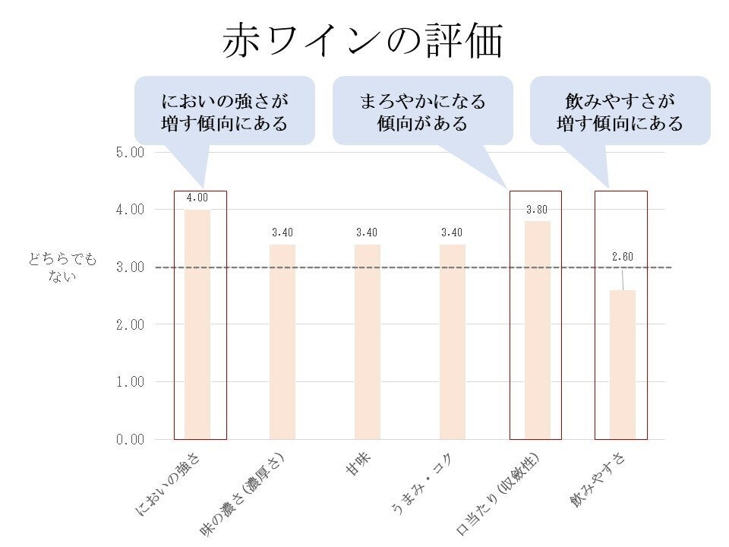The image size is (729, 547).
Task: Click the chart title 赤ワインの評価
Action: pos(363,42)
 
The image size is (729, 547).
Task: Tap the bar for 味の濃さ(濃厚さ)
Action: pos(282,342)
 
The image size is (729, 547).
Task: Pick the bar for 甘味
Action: pos(368,342)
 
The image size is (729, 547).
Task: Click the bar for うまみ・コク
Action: pos(453,342)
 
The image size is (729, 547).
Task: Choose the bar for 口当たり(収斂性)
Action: pos(538,330)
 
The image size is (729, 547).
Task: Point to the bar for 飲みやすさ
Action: pos(622,365)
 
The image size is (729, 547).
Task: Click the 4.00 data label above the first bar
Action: pos(197,198)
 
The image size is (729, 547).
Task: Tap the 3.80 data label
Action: pos(537,210)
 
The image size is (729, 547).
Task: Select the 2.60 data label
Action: pos(622,257)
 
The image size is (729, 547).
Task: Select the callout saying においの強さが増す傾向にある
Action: pos(225,112)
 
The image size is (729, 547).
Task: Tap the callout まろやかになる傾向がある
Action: pos(422,112)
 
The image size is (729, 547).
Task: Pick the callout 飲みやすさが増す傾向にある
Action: pos(620,112)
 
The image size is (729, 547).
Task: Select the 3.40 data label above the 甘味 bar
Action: pos(368,232)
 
